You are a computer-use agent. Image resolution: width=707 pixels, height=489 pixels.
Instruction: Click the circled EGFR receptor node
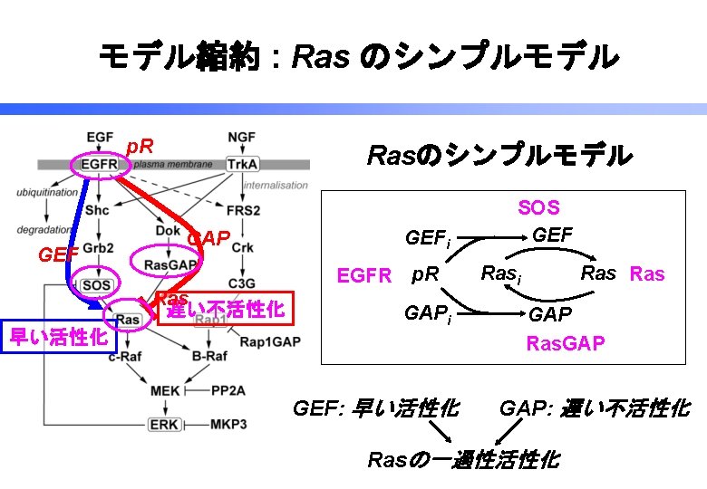(x=98, y=165)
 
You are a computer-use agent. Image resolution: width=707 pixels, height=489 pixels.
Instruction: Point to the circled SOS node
(x=96, y=284)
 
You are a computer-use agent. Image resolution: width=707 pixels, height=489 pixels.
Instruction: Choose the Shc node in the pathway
(x=98, y=210)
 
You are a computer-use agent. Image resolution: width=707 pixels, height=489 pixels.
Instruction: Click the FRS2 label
(x=241, y=210)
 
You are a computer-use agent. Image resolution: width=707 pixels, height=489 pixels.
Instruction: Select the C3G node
(x=241, y=283)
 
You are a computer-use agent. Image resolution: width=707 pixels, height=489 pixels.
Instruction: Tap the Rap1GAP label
(x=264, y=341)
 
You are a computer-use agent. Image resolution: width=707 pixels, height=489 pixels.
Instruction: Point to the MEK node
(x=165, y=390)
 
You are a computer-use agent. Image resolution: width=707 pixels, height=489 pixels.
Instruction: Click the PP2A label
(x=229, y=390)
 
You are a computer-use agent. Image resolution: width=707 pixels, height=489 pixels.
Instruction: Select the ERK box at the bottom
(x=164, y=424)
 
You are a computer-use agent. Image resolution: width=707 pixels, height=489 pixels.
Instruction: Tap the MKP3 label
(x=229, y=424)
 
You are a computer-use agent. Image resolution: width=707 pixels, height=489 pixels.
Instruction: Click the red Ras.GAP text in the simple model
(x=565, y=344)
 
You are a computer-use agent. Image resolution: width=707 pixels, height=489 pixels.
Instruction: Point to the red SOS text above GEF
(x=538, y=208)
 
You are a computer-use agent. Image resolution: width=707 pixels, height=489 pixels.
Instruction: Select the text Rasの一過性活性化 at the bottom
(x=462, y=459)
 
